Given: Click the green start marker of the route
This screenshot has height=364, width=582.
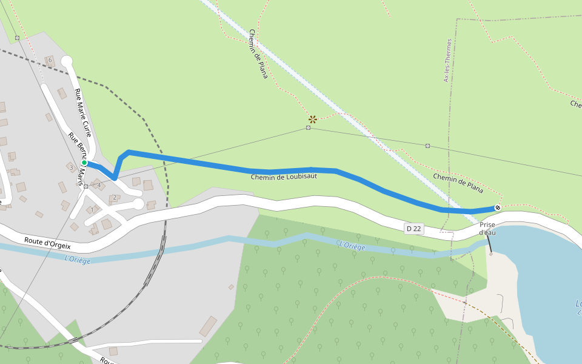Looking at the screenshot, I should (84, 163).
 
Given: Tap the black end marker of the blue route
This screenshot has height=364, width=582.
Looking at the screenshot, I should (498, 208).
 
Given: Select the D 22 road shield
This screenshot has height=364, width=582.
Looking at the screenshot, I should (413, 228).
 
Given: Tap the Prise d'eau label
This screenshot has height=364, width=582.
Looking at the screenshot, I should (487, 228).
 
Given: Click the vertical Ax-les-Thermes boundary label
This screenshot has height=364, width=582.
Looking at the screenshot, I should (448, 61).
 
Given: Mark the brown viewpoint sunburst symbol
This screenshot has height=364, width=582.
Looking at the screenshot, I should (313, 119).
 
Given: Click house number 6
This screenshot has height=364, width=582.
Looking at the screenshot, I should (50, 59).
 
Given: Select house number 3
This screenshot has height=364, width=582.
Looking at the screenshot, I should (71, 167).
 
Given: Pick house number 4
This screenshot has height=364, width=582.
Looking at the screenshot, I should (99, 185).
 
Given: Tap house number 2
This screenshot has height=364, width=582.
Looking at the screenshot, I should (115, 197).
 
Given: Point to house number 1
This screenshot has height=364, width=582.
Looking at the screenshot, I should (92, 210).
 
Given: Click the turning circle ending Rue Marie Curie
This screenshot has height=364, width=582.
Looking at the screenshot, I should (67, 61).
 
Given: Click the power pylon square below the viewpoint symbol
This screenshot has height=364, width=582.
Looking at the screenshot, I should (309, 128).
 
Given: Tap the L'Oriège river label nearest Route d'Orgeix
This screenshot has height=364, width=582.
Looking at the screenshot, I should (77, 259).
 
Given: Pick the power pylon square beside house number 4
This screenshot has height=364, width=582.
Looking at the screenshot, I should (86, 186).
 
